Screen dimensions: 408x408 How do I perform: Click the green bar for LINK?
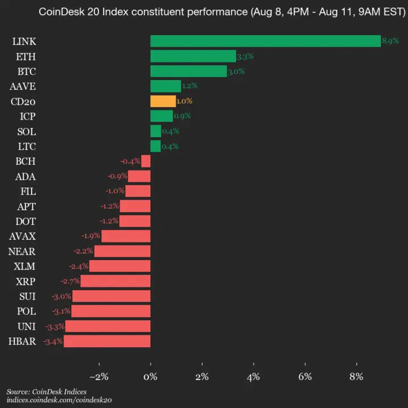point(265,41)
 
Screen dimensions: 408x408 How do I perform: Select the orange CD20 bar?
point(163,101)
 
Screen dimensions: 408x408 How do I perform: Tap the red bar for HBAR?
point(107,341)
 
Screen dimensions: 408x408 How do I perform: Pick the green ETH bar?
point(193,56)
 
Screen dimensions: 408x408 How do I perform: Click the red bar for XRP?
point(116,281)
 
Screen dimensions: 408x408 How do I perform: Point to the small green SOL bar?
point(155,131)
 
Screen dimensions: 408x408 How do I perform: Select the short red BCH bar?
point(146,161)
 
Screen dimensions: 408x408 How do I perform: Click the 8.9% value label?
point(390,41)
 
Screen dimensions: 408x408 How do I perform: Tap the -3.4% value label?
point(53,341)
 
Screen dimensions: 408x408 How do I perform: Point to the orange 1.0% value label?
point(185,101)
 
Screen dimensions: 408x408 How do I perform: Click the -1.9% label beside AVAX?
point(91,236)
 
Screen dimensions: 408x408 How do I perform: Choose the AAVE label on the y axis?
point(23,86)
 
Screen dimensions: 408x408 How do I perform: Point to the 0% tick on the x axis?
point(151,376)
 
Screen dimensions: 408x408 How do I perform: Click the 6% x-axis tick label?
point(305,376)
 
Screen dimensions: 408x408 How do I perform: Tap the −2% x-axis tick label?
point(99,376)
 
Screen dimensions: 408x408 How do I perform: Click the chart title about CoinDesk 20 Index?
point(221,12)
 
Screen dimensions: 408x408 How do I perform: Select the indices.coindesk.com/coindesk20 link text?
point(59,400)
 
